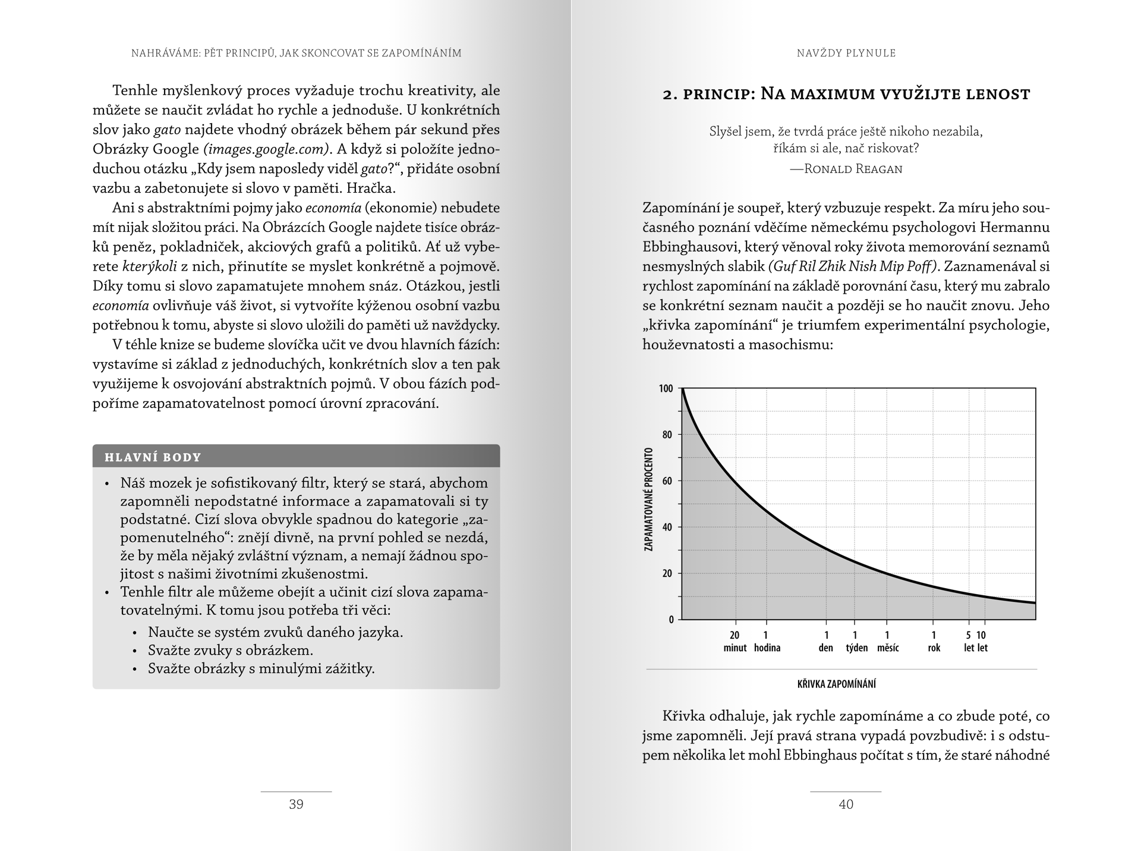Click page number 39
pyautogui.click(x=296, y=805)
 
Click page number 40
pyautogui.click(x=846, y=805)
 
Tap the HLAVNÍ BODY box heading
pyautogui.click(x=153, y=457)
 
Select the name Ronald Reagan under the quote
pyautogui.click(x=853, y=169)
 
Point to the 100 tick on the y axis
pyautogui.click(x=666, y=389)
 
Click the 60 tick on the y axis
pyautogui.click(x=667, y=481)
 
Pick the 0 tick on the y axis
pyautogui.click(x=671, y=620)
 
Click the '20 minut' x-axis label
pyautogui.click(x=735, y=642)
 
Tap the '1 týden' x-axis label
pyautogui.click(x=856, y=642)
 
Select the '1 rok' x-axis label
pyautogui.click(x=934, y=642)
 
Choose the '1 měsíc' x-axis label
pyautogui.click(x=888, y=642)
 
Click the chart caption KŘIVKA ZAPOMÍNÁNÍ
pyautogui.click(x=836, y=684)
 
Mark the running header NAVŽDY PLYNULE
pyautogui.click(x=846, y=53)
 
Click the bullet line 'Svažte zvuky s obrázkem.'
pyautogui.click(x=231, y=650)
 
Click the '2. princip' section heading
pyautogui.click(x=846, y=94)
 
